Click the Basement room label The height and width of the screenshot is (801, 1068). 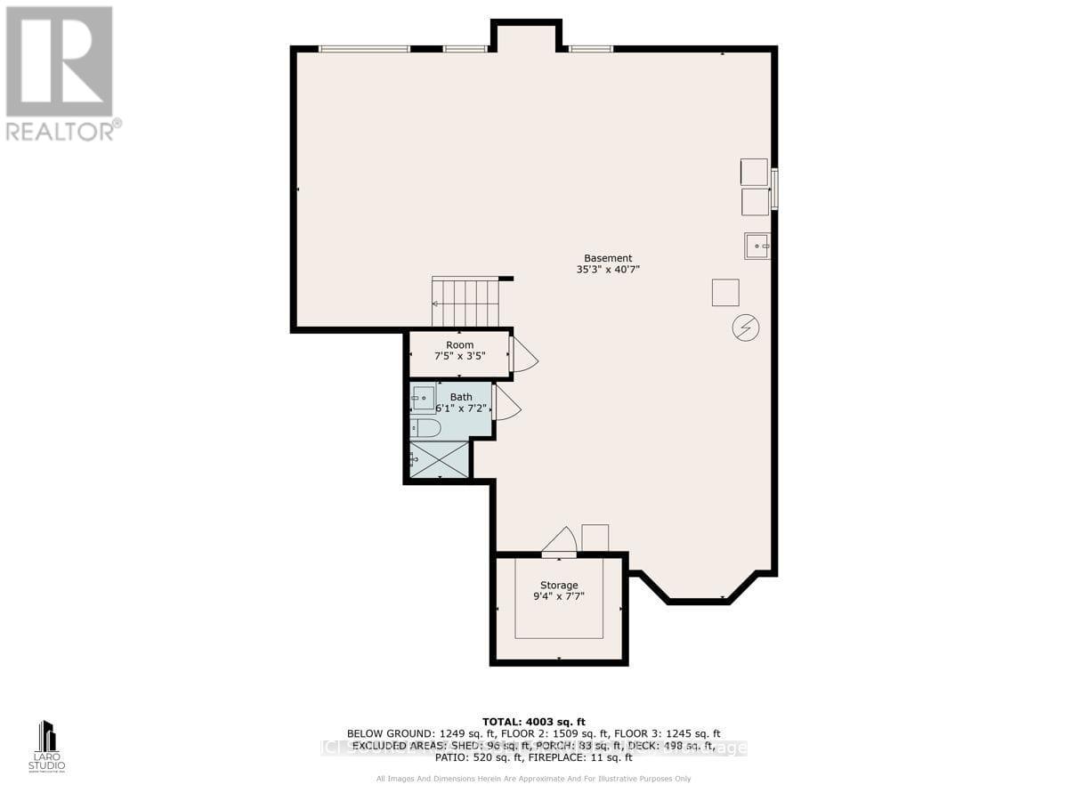(x=608, y=258)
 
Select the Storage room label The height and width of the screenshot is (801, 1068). (x=556, y=585)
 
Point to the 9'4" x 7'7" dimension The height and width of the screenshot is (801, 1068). (x=558, y=596)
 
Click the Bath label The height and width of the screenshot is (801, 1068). (x=461, y=397)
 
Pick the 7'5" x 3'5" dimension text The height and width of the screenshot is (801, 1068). (x=460, y=356)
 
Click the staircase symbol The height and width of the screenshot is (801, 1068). (x=465, y=303)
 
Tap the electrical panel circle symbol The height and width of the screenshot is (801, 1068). (x=745, y=328)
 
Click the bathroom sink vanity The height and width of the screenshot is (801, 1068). (x=424, y=399)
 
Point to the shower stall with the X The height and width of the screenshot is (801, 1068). (x=439, y=459)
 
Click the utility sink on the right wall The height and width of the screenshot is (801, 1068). (x=756, y=246)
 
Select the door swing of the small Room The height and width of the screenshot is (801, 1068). (x=523, y=355)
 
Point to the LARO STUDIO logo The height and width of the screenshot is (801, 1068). (x=47, y=746)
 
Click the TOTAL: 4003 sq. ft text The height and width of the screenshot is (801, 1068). (x=533, y=722)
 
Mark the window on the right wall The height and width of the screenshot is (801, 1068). (x=773, y=189)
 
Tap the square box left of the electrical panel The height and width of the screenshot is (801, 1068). (x=724, y=292)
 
